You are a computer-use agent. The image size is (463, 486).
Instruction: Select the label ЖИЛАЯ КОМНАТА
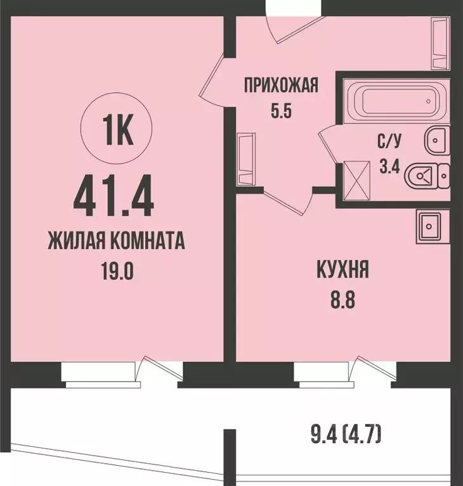click(x=116, y=242)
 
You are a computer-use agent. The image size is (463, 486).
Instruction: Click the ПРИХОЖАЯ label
click(x=280, y=84)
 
